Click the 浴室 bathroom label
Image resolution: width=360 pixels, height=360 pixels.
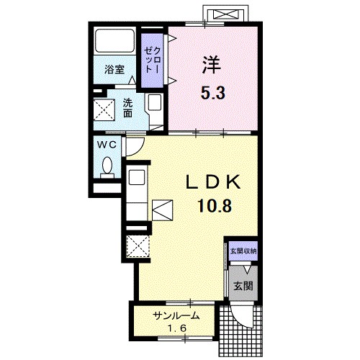click(114, 69)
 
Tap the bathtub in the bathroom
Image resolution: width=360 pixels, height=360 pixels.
click(114, 40)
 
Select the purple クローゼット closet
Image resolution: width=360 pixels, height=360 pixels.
click(152, 60)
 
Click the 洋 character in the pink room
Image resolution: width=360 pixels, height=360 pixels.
click(212, 65)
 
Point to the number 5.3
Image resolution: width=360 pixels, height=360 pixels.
click(213, 93)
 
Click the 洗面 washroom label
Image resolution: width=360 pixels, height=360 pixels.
click(127, 108)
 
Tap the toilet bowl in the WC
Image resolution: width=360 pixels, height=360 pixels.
click(107, 165)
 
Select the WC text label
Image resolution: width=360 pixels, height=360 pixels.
click(107, 145)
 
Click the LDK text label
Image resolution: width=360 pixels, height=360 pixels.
click(213, 182)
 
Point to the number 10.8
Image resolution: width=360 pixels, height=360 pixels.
click(215, 206)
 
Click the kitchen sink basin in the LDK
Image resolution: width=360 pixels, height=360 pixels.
click(137, 177)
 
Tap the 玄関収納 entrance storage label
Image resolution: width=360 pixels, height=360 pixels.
click(243, 251)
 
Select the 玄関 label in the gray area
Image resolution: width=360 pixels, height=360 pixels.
click(243, 286)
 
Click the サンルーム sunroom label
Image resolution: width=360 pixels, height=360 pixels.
click(177, 316)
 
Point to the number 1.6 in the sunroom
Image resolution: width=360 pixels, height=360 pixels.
click(177, 328)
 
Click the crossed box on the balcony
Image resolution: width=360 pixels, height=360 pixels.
click(225, 14)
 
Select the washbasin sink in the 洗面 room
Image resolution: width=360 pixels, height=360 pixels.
click(154, 102)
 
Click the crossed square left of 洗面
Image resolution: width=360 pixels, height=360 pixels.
click(104, 109)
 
